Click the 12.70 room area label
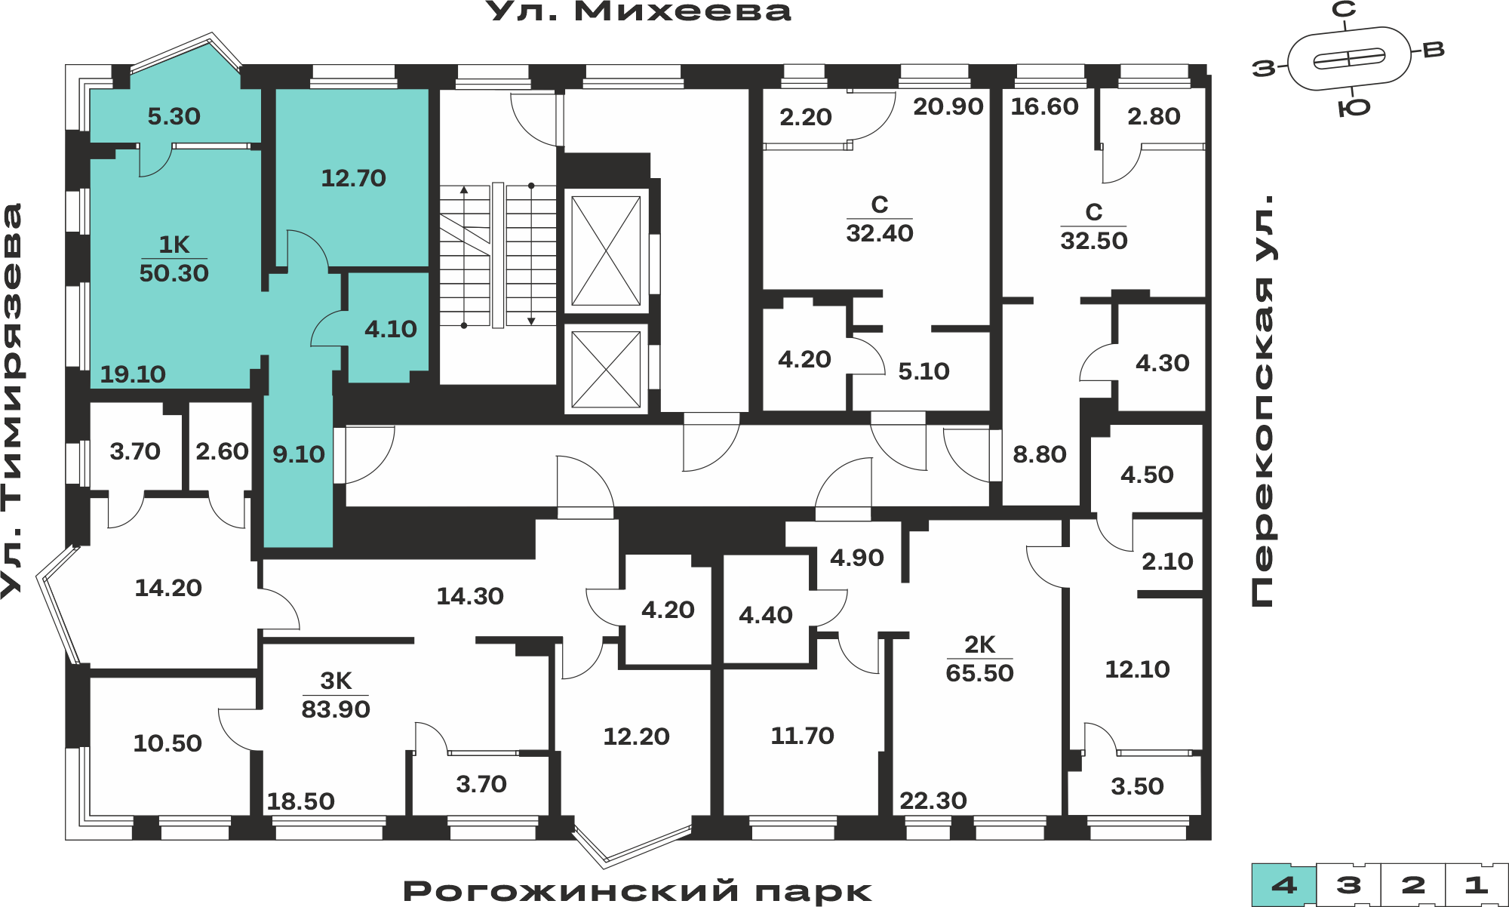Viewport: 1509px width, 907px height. tap(353, 178)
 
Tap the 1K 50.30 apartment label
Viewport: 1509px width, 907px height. tap(174, 259)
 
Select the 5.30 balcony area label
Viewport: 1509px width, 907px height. tap(174, 116)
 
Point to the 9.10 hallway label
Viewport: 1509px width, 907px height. tap(299, 454)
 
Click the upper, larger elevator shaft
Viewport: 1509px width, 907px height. tap(606, 251)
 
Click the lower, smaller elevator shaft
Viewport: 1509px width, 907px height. tap(606, 370)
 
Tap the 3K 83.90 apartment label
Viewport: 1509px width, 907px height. tap(336, 695)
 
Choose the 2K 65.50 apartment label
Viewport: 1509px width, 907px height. tap(979, 659)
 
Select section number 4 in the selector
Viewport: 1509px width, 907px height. tap(1284, 885)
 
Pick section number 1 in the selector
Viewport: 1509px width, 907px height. tap(1476, 885)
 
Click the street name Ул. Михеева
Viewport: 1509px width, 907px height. tap(638, 11)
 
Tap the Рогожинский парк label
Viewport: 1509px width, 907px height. tap(638, 891)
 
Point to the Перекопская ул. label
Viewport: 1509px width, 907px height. tap(1262, 401)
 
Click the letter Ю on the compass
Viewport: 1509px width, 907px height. tap(1354, 108)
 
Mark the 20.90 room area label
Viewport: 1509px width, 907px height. tap(948, 106)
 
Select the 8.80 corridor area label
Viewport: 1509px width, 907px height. tap(1039, 454)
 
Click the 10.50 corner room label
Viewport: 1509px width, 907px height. tap(167, 743)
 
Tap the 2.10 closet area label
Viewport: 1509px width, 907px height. tap(1167, 561)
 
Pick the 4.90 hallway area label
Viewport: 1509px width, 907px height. tap(856, 558)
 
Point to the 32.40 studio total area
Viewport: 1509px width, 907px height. tap(880, 233)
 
